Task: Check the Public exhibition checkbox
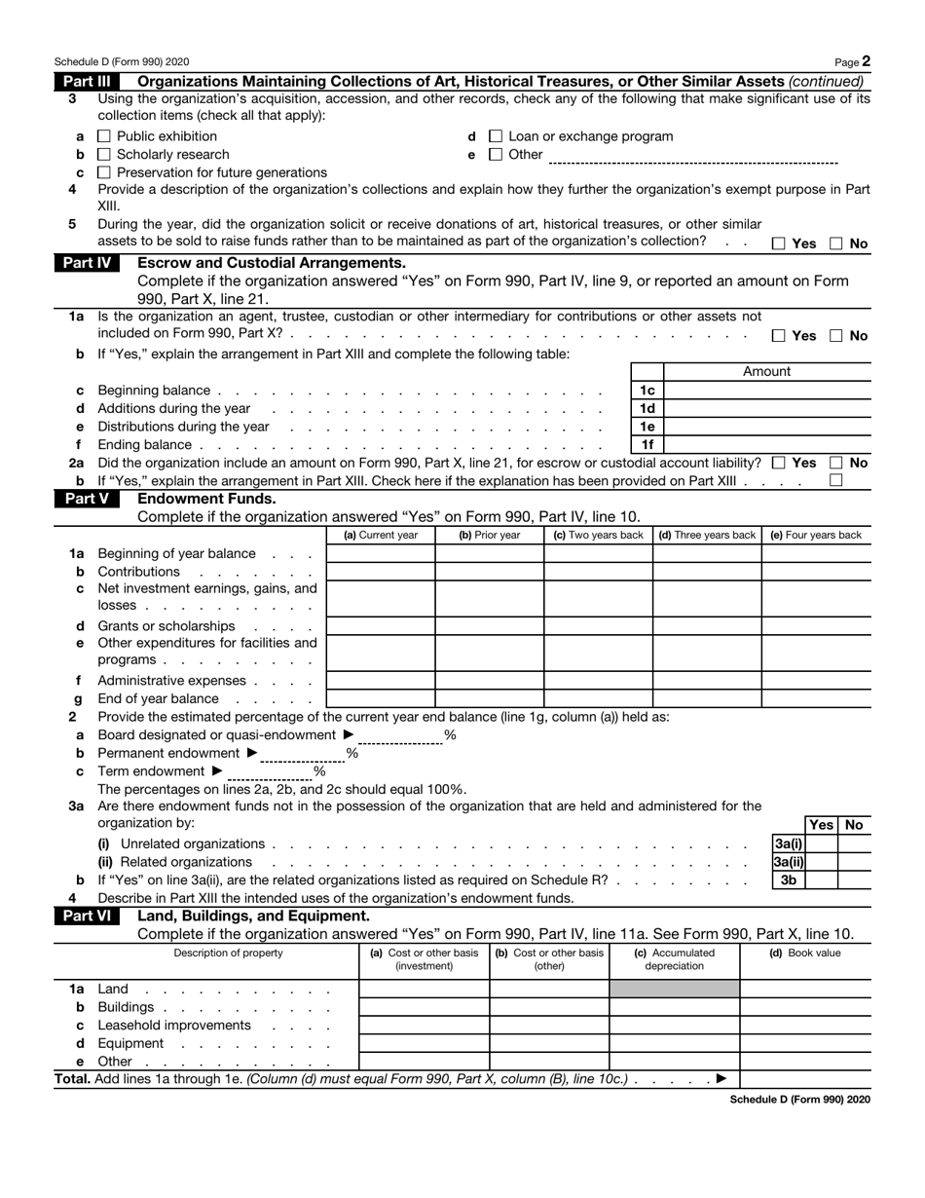[x=105, y=136]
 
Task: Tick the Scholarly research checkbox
[x=105, y=155]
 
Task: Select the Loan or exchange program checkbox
[x=495, y=136]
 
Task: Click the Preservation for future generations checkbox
[x=105, y=172]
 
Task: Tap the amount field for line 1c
[x=766, y=390]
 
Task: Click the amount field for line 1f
[x=766, y=445]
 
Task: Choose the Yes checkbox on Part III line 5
[x=778, y=243]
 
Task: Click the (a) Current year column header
[x=381, y=535]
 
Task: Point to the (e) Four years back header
[x=815, y=535]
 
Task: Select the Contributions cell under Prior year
[x=489, y=572]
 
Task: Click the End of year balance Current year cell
[x=381, y=698]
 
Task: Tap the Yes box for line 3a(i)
[x=821, y=843]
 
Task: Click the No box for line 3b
[x=854, y=880]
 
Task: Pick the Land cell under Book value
[x=804, y=990]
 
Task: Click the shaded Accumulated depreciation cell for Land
[x=674, y=990]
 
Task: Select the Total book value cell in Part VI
[x=804, y=1079]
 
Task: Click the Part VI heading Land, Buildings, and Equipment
[x=254, y=916]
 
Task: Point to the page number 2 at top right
[x=866, y=61]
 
